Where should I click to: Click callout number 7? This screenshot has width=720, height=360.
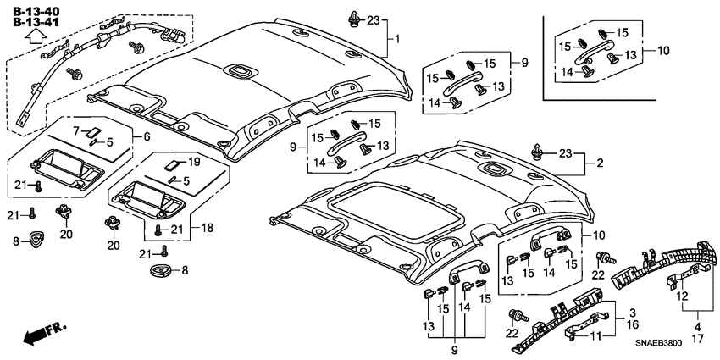pos(75,131)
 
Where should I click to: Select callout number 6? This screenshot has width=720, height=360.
pos(147,136)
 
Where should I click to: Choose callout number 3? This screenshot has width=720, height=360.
pos(634,312)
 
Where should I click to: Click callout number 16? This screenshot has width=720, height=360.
pos(634,324)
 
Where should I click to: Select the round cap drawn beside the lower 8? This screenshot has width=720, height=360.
pos(160,270)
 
